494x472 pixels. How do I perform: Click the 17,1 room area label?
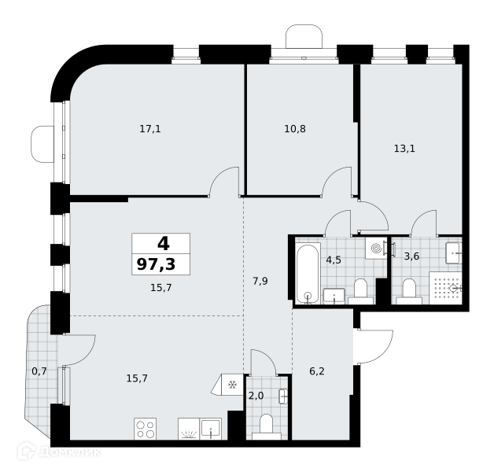pyautogui.click(x=150, y=129)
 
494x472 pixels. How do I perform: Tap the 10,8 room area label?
pyautogui.click(x=295, y=129)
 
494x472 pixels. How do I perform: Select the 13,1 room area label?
pyautogui.click(x=404, y=149)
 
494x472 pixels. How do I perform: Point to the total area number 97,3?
pyautogui.click(x=157, y=264)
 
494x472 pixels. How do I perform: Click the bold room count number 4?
pyautogui.click(x=163, y=244)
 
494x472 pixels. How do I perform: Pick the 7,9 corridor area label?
pyautogui.click(x=260, y=281)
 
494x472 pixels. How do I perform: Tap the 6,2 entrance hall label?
pyautogui.click(x=317, y=371)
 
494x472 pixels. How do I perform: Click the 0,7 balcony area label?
pyautogui.click(x=39, y=371)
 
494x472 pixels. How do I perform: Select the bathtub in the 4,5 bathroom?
pyautogui.click(x=308, y=274)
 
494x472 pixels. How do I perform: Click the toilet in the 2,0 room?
pyautogui.click(x=267, y=427)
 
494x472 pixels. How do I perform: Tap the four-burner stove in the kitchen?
pyautogui.click(x=146, y=429)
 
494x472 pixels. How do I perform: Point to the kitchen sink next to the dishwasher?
pyautogui.click(x=211, y=429)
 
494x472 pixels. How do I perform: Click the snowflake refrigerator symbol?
pyautogui.click(x=233, y=385)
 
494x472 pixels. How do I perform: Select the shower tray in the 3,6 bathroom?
pyautogui.click(x=445, y=288)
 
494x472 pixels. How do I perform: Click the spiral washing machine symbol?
pyautogui.click(x=376, y=249)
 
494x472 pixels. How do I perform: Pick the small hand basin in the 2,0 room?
pyautogui.click(x=283, y=396)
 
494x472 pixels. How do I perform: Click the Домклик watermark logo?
pyautogui.click(x=59, y=452)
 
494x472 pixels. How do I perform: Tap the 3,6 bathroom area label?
pyautogui.click(x=411, y=256)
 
